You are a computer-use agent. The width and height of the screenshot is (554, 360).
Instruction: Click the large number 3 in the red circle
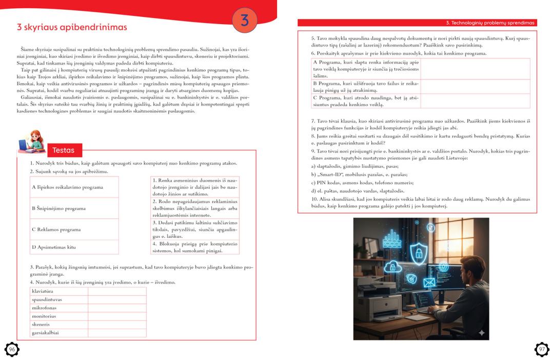click(x=244, y=21)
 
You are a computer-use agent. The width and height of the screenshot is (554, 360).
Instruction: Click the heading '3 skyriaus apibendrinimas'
click(x=72, y=27)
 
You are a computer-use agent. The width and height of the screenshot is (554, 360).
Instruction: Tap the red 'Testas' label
click(x=64, y=150)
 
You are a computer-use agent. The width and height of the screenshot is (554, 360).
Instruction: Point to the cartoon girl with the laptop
click(x=31, y=141)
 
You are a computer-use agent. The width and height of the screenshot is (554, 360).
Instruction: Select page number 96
click(x=11, y=349)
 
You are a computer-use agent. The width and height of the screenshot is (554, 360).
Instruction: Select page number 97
click(x=542, y=349)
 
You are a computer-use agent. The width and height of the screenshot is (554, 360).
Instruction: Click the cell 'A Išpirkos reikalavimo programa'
click(x=74, y=187)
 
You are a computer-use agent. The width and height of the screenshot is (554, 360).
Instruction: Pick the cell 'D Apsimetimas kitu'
click(x=74, y=247)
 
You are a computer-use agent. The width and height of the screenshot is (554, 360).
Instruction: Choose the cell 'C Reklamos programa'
click(x=74, y=229)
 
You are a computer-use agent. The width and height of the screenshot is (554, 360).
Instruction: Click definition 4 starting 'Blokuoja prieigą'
click(x=195, y=247)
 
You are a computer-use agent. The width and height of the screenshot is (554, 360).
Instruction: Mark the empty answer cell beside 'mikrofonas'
click(x=117, y=308)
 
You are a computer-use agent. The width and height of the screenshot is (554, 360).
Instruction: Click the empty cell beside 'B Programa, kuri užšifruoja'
click(x=474, y=87)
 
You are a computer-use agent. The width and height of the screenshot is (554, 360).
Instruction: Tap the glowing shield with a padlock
click(x=418, y=251)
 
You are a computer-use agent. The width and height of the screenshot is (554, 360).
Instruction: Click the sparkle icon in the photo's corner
click(x=481, y=332)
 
